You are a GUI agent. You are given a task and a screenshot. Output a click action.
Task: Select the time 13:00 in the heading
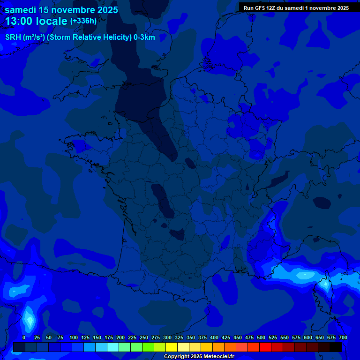20,21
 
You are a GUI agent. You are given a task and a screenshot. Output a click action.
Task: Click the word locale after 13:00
52,21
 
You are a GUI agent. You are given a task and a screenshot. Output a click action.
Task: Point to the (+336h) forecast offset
83,21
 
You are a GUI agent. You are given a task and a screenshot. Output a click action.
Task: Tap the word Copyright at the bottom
177,357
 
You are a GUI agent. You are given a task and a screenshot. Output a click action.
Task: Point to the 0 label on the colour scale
24,337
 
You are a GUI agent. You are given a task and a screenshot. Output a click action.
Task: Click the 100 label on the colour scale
74,337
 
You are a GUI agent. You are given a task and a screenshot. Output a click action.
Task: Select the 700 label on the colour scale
343,337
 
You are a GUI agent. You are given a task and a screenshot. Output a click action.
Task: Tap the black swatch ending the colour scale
336,347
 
